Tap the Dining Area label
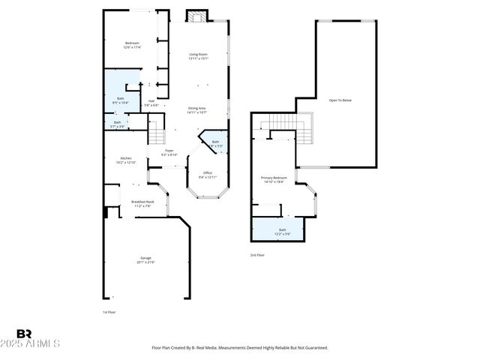(x=196, y=110)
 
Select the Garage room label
(x=145, y=259)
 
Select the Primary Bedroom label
(x=274, y=179)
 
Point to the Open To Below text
(x=340, y=100)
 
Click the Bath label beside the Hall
(x=120, y=100)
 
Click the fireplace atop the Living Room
(x=196, y=16)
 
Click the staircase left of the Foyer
(x=155, y=134)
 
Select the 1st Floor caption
(x=109, y=312)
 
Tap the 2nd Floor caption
(x=257, y=255)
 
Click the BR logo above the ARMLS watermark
(x=23, y=333)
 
